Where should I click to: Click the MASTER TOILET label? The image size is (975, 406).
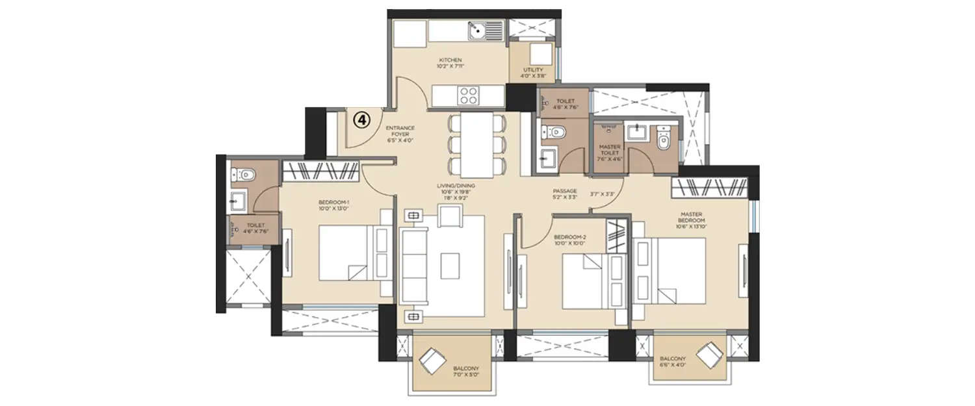pos(609,151)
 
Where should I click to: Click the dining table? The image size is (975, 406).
pos(476,145)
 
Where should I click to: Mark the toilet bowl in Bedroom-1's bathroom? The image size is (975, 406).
pos(246,173)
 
